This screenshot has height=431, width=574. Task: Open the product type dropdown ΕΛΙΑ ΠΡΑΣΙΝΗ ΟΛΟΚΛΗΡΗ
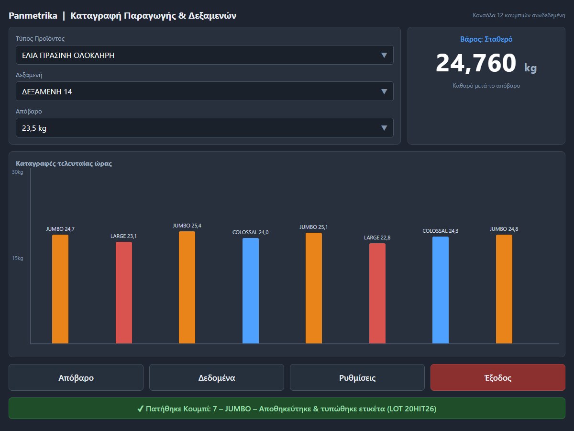(x=205, y=55)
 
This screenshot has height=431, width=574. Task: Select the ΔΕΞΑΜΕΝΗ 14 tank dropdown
(x=205, y=91)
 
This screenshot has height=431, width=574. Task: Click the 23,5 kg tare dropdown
(x=205, y=128)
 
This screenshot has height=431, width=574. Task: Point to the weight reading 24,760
(x=476, y=63)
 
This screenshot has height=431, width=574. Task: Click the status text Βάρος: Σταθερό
(x=486, y=39)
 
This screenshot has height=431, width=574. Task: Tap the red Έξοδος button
(x=498, y=377)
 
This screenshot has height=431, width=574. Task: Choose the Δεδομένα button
(x=217, y=377)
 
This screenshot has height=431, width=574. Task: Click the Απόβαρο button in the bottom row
(x=76, y=377)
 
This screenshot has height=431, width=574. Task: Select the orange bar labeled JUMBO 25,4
(x=187, y=287)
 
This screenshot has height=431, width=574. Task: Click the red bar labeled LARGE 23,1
(x=124, y=293)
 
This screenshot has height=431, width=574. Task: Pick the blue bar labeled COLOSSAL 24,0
(x=251, y=291)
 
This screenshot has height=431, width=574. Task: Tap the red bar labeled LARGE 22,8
(x=377, y=294)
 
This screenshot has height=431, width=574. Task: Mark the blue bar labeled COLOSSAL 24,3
(x=441, y=290)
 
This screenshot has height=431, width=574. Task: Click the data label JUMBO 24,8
(x=504, y=229)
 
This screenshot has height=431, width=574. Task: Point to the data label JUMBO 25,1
(x=313, y=227)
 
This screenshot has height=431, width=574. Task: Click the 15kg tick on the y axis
(x=18, y=258)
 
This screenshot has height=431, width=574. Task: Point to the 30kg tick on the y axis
(x=18, y=172)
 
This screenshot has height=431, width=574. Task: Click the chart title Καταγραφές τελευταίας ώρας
(x=64, y=164)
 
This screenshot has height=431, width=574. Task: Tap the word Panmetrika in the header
(x=33, y=15)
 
